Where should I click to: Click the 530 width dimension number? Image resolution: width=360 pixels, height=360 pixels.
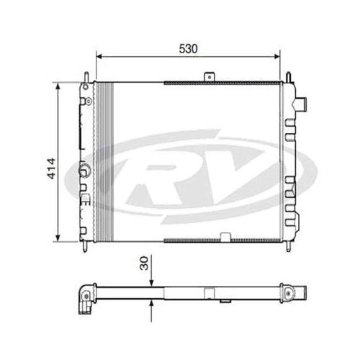click(189, 49)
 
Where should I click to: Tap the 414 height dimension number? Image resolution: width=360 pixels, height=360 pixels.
click(51, 168)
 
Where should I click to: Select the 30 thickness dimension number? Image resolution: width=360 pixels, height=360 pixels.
click(144, 264)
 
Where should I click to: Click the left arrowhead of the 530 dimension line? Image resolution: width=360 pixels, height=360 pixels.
click(99, 56)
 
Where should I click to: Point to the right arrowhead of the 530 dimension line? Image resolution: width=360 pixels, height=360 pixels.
click(277, 56)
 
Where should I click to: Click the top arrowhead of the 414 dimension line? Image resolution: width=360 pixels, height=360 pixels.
click(58, 86)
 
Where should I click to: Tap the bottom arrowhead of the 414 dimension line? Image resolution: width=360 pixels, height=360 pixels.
click(58, 238)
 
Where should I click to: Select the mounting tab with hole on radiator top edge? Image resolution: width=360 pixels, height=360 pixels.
click(210, 77)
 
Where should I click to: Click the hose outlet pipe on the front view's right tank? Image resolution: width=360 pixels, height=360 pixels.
click(301, 104)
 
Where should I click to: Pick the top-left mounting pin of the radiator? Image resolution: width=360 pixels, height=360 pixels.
click(86, 77)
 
